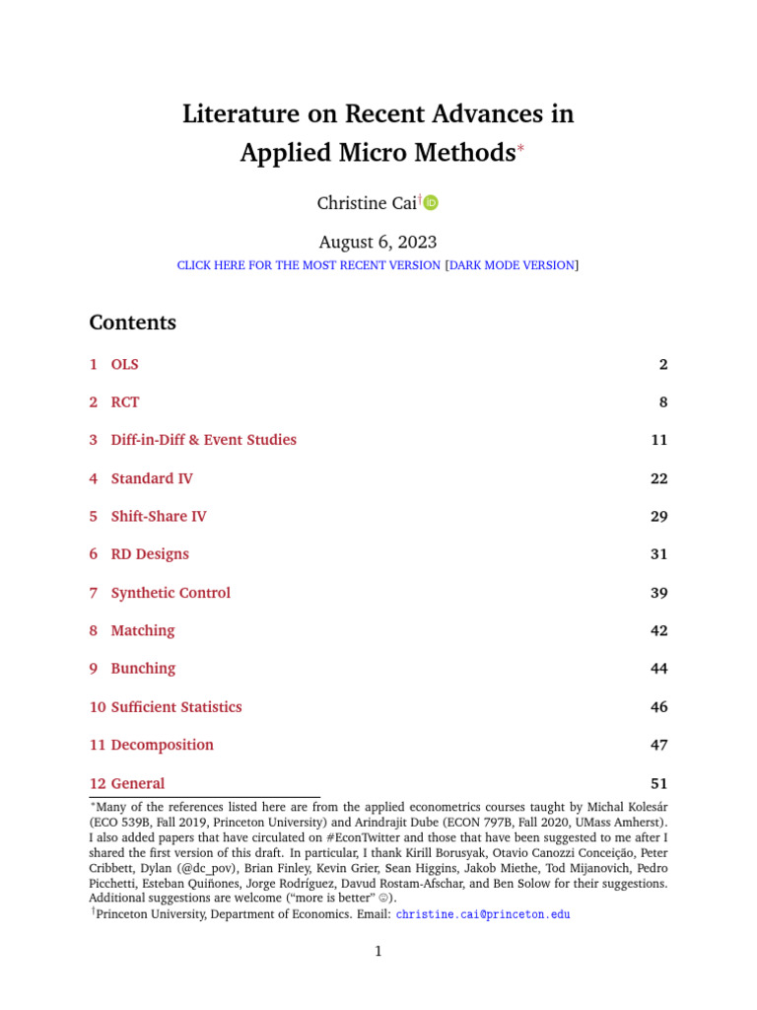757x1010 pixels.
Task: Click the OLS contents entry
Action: point(124,365)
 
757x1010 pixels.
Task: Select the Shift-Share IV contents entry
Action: point(158,517)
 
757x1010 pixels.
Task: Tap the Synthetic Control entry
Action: point(171,593)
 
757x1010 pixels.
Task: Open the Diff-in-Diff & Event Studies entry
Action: point(203,440)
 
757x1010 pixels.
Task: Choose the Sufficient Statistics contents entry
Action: point(175,707)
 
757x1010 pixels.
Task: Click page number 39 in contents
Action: point(658,593)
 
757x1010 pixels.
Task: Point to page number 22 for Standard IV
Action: point(658,478)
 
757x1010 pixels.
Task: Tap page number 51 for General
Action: point(658,784)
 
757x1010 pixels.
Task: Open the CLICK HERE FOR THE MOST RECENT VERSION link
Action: point(309,265)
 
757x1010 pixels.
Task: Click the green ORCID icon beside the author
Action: point(431,203)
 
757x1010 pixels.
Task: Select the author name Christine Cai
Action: point(366,203)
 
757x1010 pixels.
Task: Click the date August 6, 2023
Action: point(378,242)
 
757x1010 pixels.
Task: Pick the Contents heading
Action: point(133,323)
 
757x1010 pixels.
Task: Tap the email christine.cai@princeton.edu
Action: point(483,914)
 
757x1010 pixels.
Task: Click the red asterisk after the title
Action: point(522,147)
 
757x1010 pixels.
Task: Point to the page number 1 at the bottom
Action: point(378,951)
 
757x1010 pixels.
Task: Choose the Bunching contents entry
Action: point(143,669)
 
